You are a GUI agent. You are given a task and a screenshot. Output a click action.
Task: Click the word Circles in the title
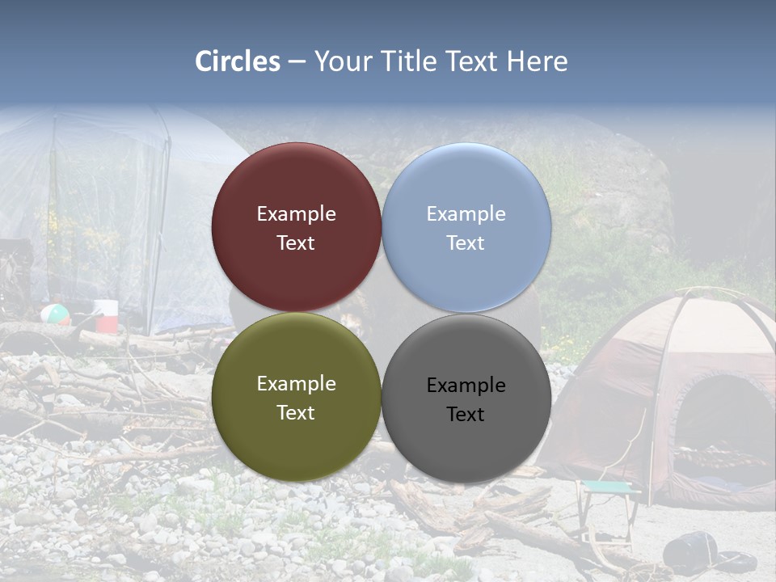point(237,61)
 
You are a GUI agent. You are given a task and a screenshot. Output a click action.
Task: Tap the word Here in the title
point(537,61)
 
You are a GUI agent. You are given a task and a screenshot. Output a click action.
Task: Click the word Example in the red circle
point(296,214)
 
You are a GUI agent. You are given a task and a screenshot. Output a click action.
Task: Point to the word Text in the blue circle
point(466,243)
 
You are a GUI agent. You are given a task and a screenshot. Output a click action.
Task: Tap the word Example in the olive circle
point(296,384)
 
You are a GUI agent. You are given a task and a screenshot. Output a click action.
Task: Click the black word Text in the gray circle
point(466,415)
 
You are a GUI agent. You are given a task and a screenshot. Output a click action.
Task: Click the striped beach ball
point(54,313)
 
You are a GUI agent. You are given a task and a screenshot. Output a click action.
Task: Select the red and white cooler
point(106,316)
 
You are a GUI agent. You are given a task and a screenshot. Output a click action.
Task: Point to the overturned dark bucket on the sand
point(689,550)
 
